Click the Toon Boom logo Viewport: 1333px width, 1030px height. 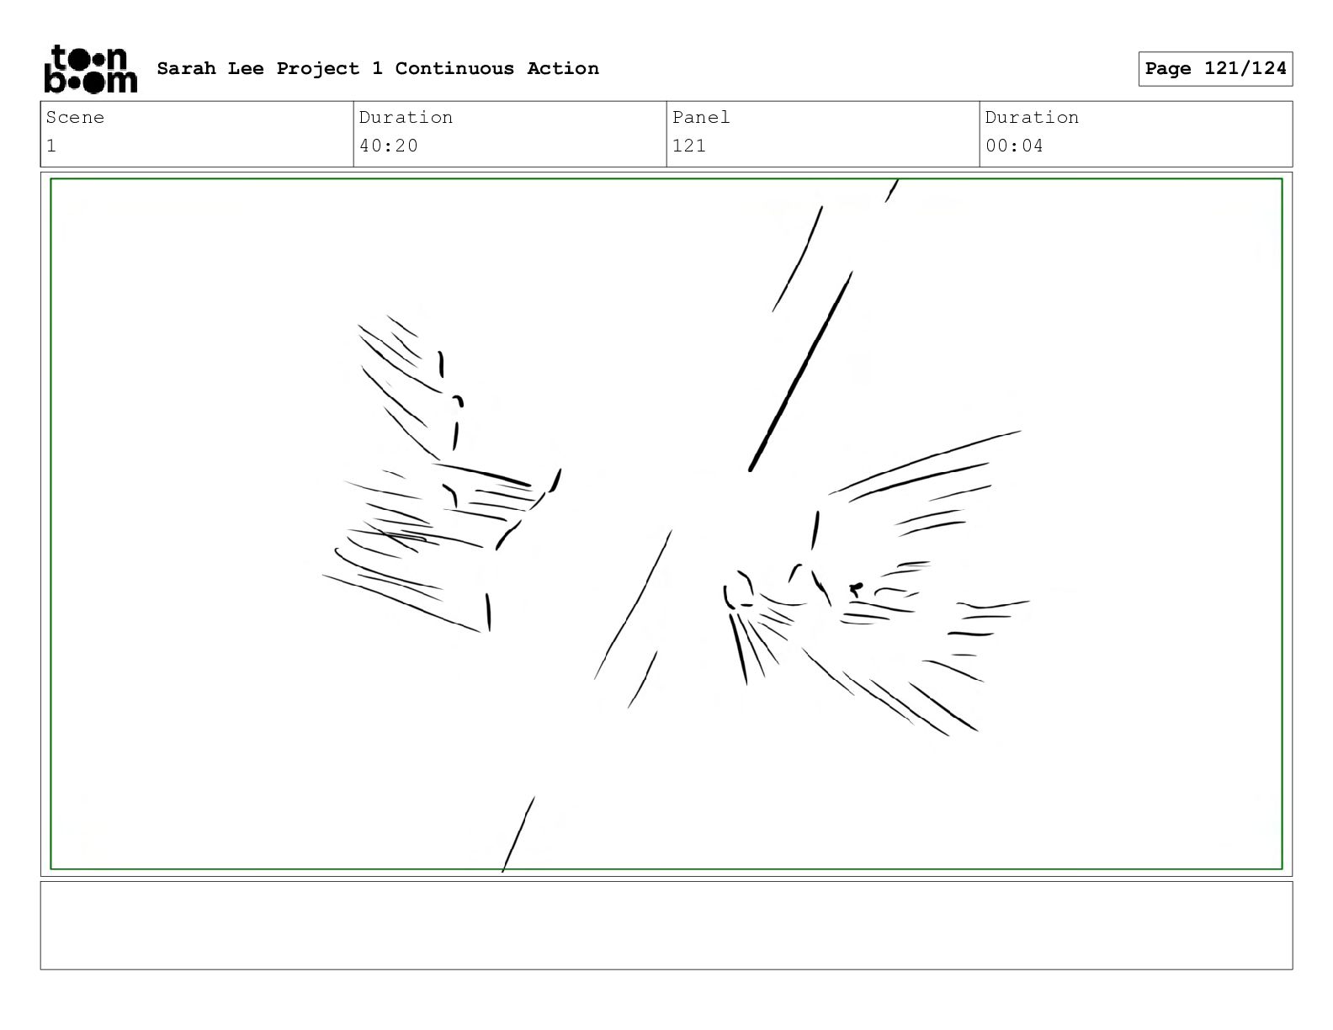tap(91, 69)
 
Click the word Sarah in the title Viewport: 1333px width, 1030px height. tap(187, 68)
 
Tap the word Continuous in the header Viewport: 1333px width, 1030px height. tap(454, 68)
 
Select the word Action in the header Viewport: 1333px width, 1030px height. tap(562, 68)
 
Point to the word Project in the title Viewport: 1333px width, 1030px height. tap(318, 69)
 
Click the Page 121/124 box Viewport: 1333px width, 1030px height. tap(1215, 69)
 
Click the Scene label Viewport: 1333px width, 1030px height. tap(75, 117)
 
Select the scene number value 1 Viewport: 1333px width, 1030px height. tap(51, 146)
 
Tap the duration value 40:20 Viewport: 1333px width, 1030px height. tap(388, 146)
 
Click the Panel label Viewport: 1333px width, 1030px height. tap(700, 117)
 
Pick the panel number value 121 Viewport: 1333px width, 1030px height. tap(689, 146)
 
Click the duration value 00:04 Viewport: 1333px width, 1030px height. tap(1014, 146)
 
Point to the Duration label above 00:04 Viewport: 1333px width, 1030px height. tap(1032, 117)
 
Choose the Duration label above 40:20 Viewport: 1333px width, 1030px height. tap(406, 117)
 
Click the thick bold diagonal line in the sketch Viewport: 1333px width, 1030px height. tap(800, 372)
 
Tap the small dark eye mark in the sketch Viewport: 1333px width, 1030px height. tap(856, 589)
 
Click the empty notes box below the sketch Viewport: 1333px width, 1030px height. tap(666, 926)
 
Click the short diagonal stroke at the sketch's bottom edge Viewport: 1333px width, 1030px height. tap(518, 834)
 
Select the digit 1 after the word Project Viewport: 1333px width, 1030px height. tap(377, 68)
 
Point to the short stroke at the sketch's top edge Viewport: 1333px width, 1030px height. tap(891, 191)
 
